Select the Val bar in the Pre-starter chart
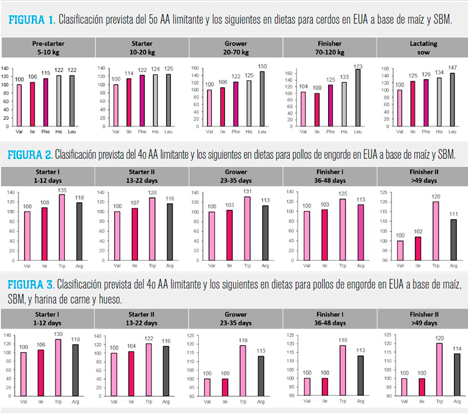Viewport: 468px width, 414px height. pyautogui.click(x=20, y=105)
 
